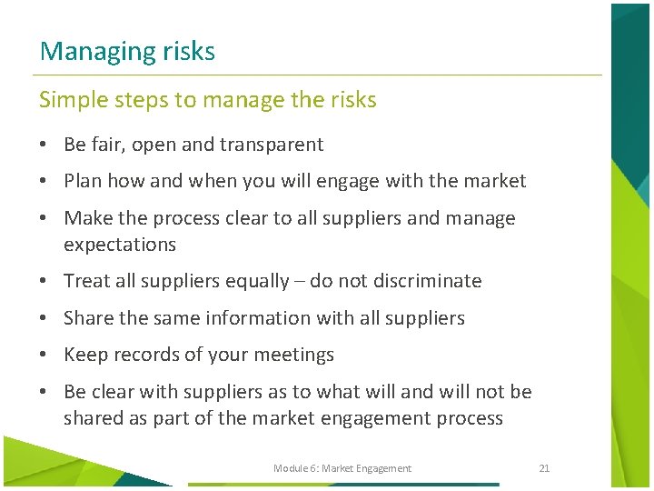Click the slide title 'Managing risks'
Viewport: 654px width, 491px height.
tap(127, 51)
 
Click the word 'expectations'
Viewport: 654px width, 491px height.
tap(120, 245)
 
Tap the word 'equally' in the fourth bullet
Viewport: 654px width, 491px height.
tap(253, 282)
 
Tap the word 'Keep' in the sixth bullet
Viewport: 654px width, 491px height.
tap(85, 355)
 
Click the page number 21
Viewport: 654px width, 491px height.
tap(544, 468)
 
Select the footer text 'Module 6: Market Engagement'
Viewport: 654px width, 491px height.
tap(342, 468)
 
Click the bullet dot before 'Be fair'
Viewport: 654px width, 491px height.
tap(44, 145)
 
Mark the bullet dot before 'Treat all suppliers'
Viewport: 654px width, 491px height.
tap(44, 282)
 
